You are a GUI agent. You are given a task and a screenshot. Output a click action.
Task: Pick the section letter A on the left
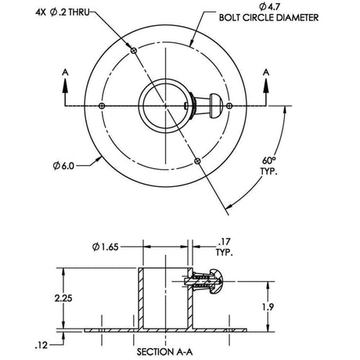(x=65, y=72)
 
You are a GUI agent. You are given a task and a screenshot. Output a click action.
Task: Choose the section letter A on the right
(x=266, y=72)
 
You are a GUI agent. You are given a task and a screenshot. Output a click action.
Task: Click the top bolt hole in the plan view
(x=135, y=51)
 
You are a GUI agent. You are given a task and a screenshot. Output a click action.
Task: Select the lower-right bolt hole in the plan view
(x=197, y=160)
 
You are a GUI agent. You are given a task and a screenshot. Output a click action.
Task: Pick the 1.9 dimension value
(x=267, y=308)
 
